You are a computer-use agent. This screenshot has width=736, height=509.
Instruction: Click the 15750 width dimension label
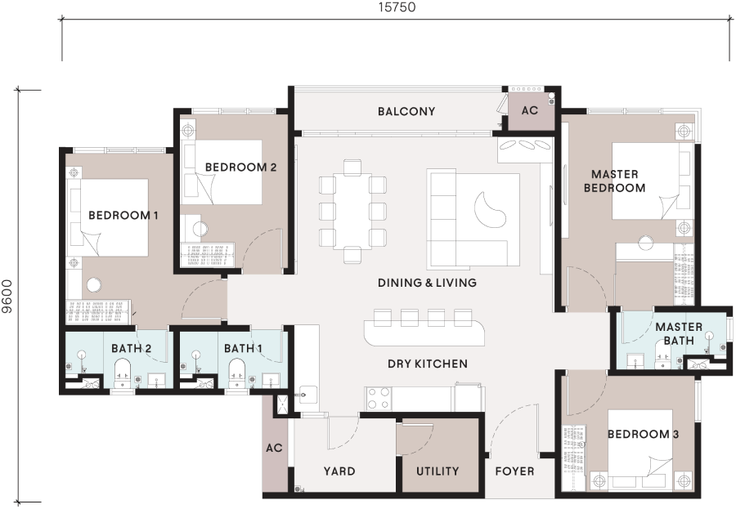tap(397, 7)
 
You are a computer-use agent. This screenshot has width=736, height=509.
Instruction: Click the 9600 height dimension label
tap(7, 297)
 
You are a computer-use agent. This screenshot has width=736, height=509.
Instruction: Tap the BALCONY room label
tap(406, 112)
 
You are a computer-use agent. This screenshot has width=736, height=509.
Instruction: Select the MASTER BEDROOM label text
tap(614, 181)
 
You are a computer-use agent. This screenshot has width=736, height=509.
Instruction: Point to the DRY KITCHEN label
tap(428, 364)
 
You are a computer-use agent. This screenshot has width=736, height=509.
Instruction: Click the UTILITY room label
tap(438, 471)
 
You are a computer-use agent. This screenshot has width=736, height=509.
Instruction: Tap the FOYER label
tap(514, 471)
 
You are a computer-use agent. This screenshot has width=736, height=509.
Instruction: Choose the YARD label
tap(339, 471)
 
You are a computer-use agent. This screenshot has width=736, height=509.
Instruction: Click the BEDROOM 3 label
tap(643, 434)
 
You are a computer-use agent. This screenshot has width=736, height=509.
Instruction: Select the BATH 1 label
tap(243, 348)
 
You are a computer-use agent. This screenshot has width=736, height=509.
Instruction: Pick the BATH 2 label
tap(131, 348)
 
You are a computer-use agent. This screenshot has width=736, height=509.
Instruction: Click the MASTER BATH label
tap(679, 333)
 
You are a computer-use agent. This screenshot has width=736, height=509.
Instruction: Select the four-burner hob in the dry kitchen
tap(379, 398)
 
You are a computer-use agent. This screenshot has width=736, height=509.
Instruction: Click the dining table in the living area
tap(352, 211)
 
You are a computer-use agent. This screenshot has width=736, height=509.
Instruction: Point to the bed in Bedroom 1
tap(114, 217)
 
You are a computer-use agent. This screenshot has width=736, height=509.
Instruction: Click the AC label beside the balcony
tap(529, 110)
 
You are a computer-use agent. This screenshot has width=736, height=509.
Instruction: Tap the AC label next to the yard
tap(274, 448)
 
